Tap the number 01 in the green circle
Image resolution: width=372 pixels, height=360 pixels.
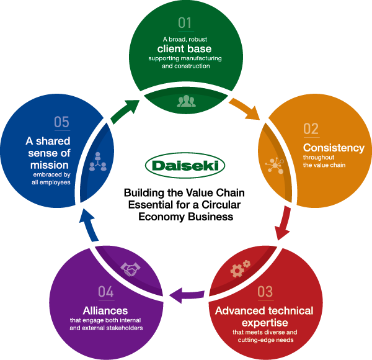tap(185, 24)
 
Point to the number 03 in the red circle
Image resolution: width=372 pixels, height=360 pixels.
tap(265, 290)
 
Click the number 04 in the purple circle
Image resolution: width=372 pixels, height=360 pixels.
tap(106, 290)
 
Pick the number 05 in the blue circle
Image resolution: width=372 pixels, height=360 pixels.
tap(61, 122)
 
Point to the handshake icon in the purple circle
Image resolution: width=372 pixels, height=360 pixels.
tap(130, 268)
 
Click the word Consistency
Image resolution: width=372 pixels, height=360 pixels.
tap(333, 148)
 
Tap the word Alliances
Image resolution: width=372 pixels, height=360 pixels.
tap(105, 310)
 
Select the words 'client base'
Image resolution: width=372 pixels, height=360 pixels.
tap(184, 48)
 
